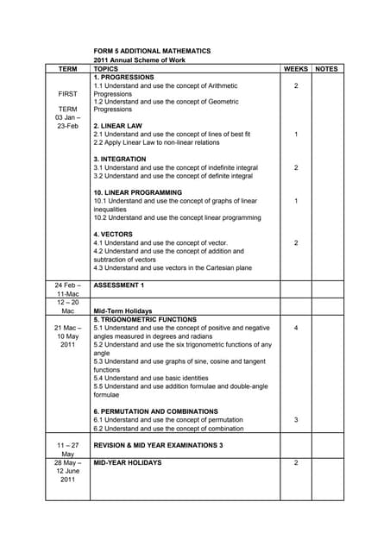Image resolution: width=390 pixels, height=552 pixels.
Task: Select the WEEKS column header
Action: pyautogui.click(x=295, y=67)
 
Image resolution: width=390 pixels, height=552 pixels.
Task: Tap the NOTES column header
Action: pyautogui.click(x=327, y=67)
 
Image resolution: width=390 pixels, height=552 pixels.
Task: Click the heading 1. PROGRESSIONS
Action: pyautogui.click(x=123, y=77)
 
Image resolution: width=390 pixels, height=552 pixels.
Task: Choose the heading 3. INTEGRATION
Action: pyautogui.click(x=120, y=160)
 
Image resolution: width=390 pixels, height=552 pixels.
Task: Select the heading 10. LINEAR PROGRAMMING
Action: pyautogui.click(x=138, y=192)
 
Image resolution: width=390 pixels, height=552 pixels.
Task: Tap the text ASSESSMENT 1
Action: pyautogui.click(x=119, y=284)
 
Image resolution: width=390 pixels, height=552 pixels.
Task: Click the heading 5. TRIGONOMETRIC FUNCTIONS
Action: pyautogui.click(x=147, y=319)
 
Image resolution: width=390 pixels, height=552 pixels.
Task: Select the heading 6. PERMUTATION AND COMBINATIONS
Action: pyautogui.click(x=158, y=411)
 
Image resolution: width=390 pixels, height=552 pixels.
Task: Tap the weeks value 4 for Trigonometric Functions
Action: pyautogui.click(x=296, y=328)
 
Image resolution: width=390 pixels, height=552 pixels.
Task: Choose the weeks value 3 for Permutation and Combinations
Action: pyautogui.click(x=296, y=420)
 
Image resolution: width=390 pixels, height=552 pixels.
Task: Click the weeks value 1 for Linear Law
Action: pyautogui.click(x=296, y=135)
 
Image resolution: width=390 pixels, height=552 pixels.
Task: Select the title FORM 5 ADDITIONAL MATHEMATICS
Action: pyautogui.click(x=152, y=51)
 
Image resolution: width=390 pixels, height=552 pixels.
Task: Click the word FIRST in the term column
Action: pyautogui.click(x=67, y=92)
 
